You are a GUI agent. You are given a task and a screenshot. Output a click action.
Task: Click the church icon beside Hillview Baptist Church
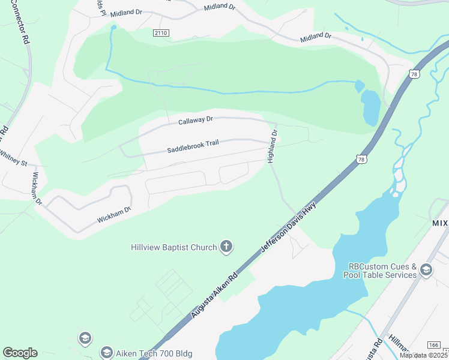tap(226, 247)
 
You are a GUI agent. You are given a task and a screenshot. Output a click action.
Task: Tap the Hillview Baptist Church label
tap(174, 247)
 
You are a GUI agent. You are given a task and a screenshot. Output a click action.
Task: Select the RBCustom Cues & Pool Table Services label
tap(379, 271)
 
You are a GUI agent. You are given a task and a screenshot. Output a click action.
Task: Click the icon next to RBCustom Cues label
tap(426, 269)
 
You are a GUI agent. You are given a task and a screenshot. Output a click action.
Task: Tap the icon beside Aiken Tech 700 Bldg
tap(107, 352)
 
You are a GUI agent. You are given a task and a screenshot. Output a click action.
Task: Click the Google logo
tap(20, 353)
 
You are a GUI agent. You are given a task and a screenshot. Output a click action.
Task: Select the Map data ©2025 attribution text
tap(423, 355)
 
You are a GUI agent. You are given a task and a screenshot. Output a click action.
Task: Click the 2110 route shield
tap(160, 32)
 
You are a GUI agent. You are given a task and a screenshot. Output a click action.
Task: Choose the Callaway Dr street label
tap(196, 121)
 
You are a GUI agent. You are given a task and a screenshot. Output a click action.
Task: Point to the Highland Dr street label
tap(273, 146)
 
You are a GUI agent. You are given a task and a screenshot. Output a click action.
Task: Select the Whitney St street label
tap(13, 158)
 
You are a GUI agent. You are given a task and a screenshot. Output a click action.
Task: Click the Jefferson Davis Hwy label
tap(288, 227)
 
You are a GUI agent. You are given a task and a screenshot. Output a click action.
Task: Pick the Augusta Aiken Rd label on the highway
tap(214, 294)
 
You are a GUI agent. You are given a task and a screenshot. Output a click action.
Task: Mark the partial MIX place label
tap(440, 222)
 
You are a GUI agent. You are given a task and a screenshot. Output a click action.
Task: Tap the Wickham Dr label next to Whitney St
tap(37, 188)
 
